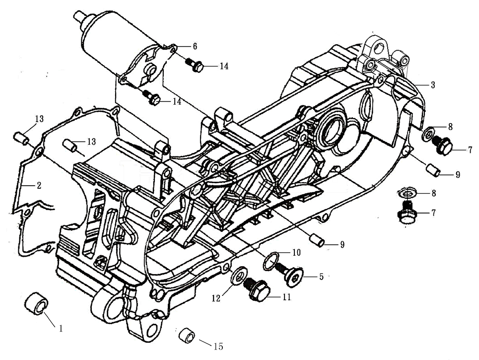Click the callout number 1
pyautogui.click(x=61, y=328)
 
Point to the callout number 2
pyautogui.click(x=38, y=186)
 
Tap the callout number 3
pyautogui.click(x=433, y=85)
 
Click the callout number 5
pyautogui.click(x=321, y=276)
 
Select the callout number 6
pyautogui.click(x=195, y=46)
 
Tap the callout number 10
pyautogui.click(x=296, y=252)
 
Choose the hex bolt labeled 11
pyautogui.click(x=257, y=288)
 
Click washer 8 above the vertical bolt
pyautogui.click(x=406, y=193)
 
